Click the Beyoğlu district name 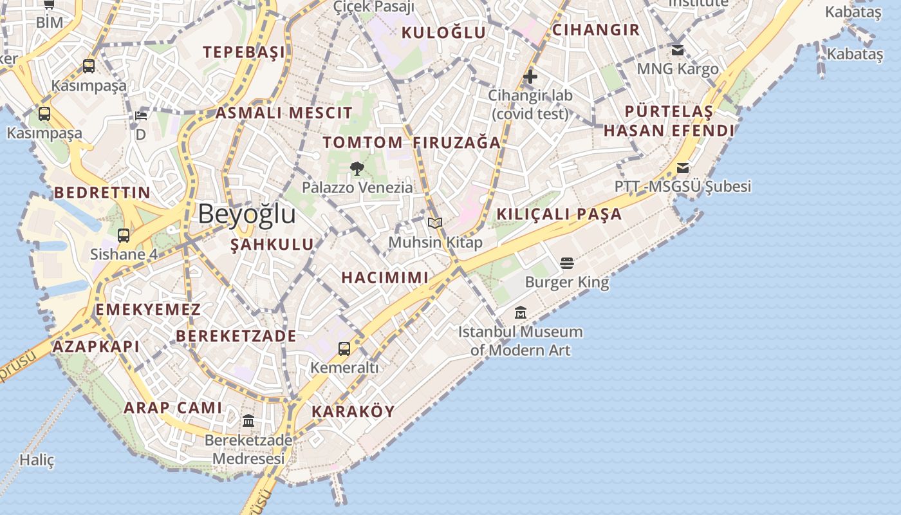point(246,214)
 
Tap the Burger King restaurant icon point(566,263)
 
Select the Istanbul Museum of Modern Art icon point(521,313)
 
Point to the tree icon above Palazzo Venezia point(357,169)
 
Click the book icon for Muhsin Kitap point(435,223)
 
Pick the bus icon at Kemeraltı point(344,349)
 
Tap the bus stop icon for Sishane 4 point(124,236)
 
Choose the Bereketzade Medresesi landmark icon point(248,421)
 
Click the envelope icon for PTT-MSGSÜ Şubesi point(682,168)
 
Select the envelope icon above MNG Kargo point(677,50)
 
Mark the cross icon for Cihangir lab point(530,77)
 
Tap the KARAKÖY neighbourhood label point(353,411)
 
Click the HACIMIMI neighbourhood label point(384,277)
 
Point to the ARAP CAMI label point(172,407)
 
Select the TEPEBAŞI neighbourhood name point(244,53)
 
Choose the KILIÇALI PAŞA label point(559,214)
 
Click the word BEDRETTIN point(102,192)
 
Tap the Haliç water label point(37,460)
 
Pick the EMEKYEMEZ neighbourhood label point(148,310)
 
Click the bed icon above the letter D point(141,116)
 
